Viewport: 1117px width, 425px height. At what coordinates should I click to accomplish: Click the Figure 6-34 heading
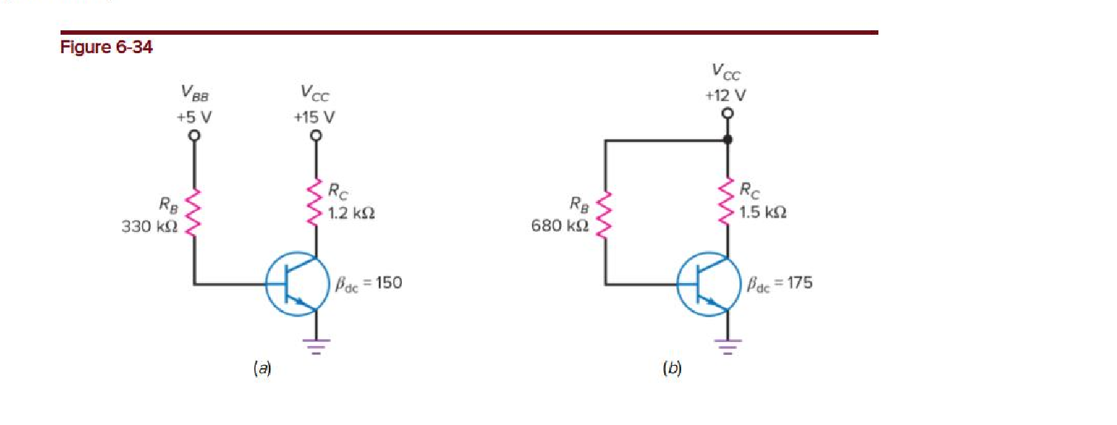pyautogui.click(x=106, y=48)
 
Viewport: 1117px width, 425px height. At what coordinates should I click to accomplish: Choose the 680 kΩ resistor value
pyautogui.click(x=560, y=226)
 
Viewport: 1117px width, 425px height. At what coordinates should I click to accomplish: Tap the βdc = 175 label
pyautogui.click(x=779, y=282)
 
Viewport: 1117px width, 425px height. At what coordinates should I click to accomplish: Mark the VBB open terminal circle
pyautogui.click(x=194, y=136)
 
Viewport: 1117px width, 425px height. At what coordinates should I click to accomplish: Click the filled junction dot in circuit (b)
pyautogui.click(x=728, y=139)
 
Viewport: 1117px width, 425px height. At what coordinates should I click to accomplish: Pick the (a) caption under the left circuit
pyautogui.click(x=262, y=367)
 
